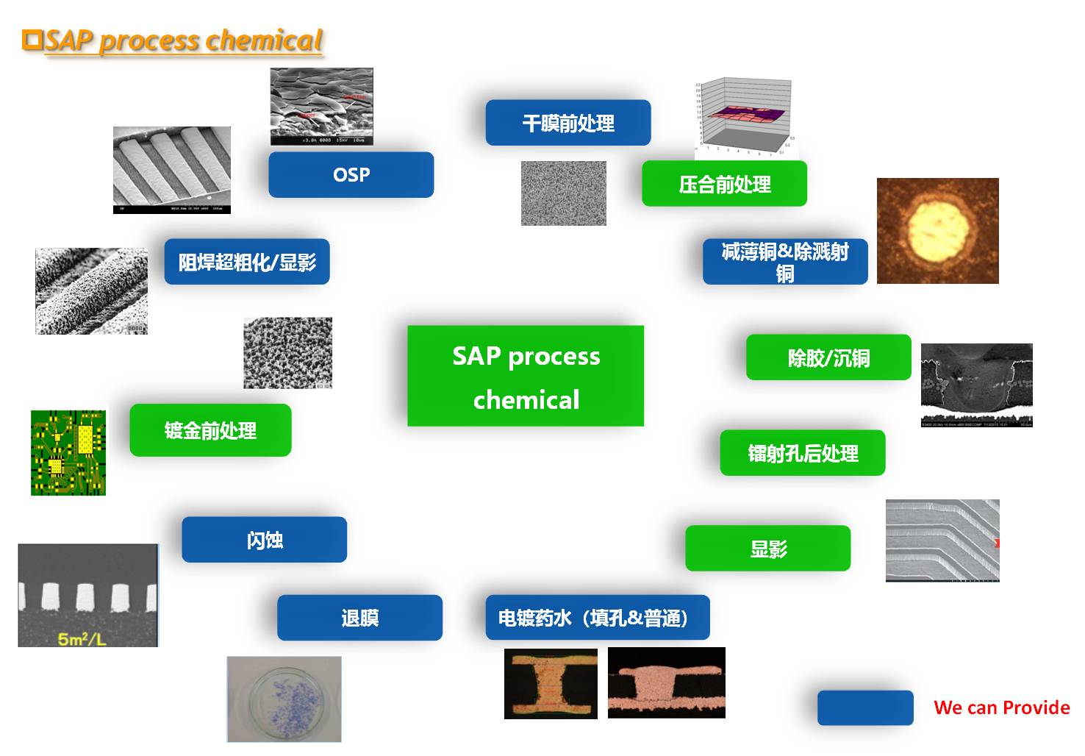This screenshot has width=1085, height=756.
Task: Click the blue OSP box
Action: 351,175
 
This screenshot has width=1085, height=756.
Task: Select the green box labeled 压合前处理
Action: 724,184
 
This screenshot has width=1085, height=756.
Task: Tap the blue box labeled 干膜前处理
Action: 567,123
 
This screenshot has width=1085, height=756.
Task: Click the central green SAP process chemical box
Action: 526,376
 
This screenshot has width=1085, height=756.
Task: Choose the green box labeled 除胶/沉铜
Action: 828,358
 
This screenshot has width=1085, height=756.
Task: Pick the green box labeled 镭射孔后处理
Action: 802,453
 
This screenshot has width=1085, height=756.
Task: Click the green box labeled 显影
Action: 767,549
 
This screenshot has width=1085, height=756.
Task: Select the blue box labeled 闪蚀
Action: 264,540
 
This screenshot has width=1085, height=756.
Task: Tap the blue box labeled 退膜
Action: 359,618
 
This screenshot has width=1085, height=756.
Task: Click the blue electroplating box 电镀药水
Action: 597,618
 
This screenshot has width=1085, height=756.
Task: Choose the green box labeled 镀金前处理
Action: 210,430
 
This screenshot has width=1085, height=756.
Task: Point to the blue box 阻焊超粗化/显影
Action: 246,262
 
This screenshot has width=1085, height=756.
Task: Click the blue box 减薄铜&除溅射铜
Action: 784,262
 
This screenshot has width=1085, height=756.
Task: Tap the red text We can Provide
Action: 1001,707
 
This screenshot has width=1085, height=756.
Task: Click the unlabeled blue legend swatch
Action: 865,707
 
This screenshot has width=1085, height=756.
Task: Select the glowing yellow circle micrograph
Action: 937,230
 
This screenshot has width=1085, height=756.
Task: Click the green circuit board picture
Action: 68,452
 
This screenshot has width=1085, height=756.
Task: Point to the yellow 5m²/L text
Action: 82,638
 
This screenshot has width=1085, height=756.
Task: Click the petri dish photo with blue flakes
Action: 284,699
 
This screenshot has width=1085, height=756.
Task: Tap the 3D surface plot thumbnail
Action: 745,118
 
